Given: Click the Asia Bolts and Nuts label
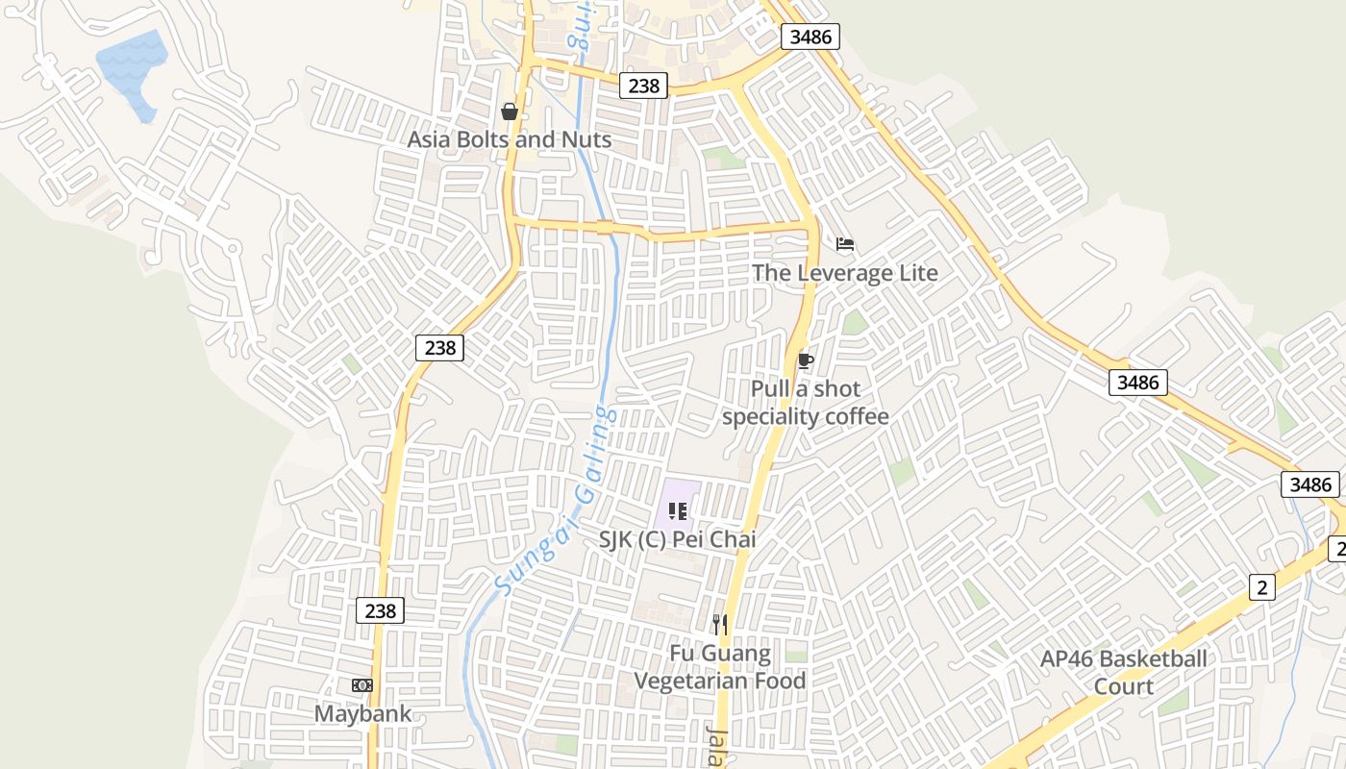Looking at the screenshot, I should [x=509, y=139].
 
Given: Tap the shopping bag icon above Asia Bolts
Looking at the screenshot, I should [x=510, y=112].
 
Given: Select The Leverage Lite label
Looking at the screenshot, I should [x=844, y=272].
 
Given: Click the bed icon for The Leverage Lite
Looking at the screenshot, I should [x=845, y=244].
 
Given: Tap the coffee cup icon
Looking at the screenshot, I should [x=805, y=361].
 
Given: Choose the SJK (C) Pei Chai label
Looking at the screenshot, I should [x=677, y=539].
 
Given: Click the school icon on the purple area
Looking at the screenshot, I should [x=677, y=511].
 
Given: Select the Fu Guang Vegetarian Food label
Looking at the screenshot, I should [x=719, y=667].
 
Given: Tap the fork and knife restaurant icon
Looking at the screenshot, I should [x=719, y=625].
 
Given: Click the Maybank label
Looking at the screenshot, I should [x=362, y=713].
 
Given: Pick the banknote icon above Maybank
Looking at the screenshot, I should [x=361, y=685].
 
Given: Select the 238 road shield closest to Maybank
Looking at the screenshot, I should [x=380, y=609].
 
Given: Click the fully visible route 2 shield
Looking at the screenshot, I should [x=1261, y=587].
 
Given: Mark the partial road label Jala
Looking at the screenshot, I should [x=716, y=745].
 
